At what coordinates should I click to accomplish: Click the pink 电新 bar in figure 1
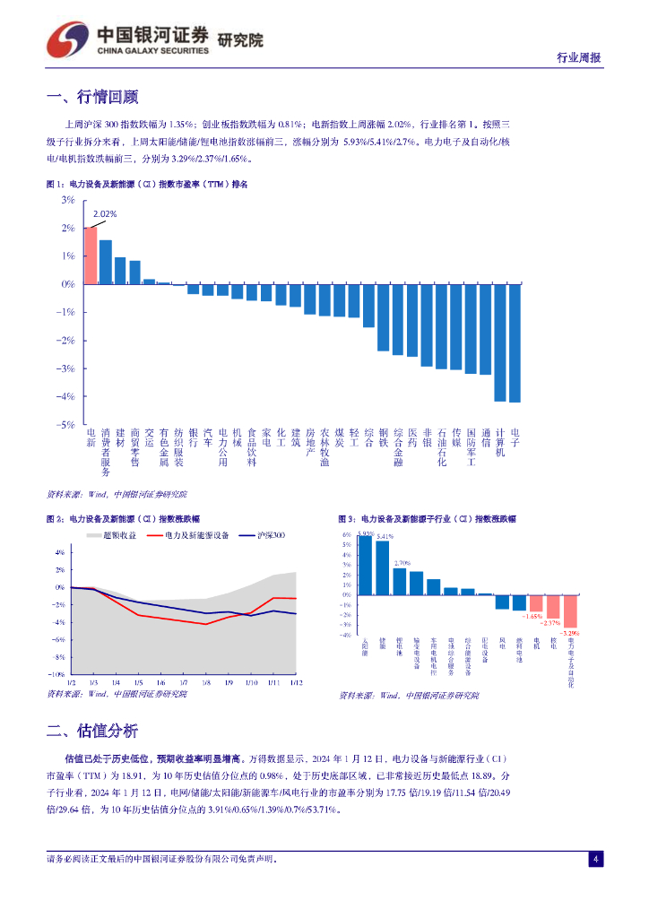91,255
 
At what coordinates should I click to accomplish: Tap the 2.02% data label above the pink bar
106,214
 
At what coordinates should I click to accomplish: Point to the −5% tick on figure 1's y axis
67,425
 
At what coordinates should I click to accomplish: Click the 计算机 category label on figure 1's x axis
500,442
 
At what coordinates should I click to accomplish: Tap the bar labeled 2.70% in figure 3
400,581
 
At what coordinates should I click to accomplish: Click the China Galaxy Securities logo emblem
66,39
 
